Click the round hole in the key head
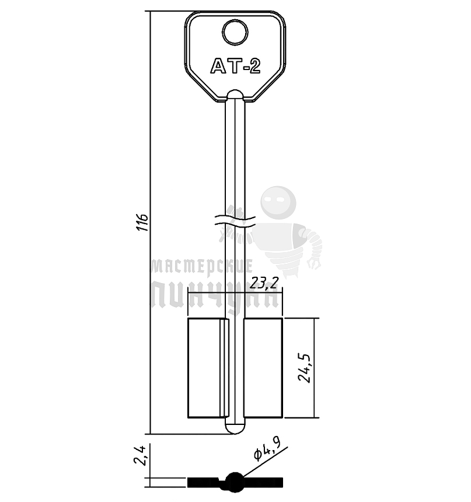(235, 32)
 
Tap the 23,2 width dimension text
(264, 283)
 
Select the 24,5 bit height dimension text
(304, 368)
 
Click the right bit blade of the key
(263, 368)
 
